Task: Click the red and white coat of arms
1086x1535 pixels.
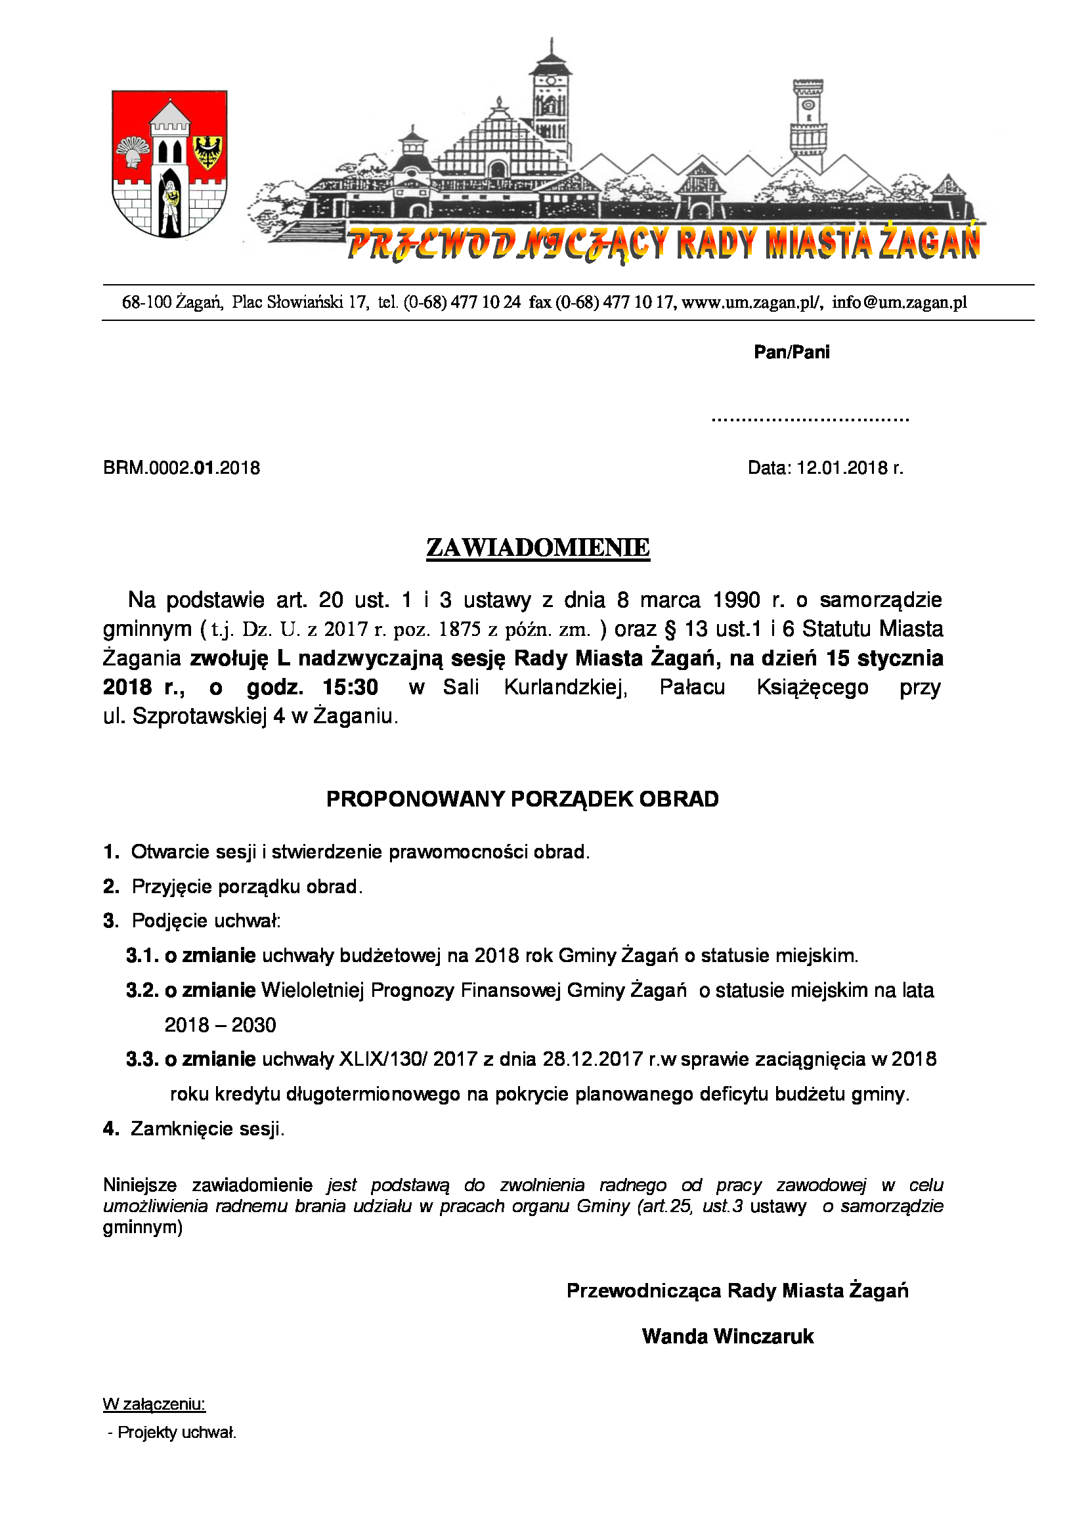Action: [x=169, y=165]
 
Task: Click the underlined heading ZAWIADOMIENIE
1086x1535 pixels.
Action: [x=538, y=547]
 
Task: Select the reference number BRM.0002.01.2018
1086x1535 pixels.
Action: [x=181, y=468]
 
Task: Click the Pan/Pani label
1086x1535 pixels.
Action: [x=791, y=352]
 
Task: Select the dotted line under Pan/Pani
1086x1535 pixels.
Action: [x=810, y=420]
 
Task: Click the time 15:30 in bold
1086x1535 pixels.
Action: [x=350, y=687]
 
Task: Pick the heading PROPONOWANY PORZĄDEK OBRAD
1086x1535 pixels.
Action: [x=522, y=799]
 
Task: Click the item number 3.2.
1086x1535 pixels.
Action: [x=142, y=990]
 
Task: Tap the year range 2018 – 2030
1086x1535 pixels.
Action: [x=220, y=1025]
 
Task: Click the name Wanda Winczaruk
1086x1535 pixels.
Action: [x=728, y=1336]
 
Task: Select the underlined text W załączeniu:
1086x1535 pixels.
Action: [x=154, y=1404]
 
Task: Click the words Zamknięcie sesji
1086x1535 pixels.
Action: [x=207, y=1129]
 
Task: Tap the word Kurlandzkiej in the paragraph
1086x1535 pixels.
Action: [x=565, y=687]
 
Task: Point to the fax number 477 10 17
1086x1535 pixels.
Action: [x=638, y=302]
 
